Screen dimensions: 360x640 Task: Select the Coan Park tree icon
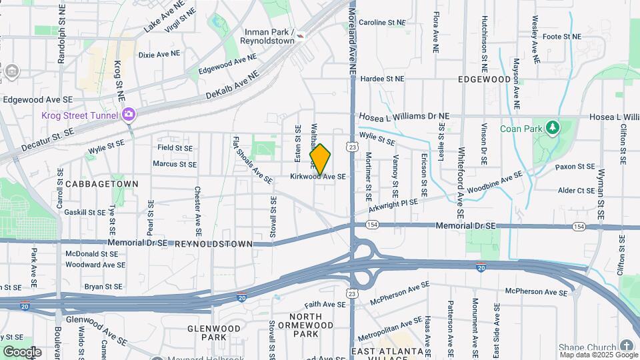pos(551,127)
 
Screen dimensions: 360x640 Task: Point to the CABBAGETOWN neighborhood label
pos(101,184)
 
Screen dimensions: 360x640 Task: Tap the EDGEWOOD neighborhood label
pos(484,79)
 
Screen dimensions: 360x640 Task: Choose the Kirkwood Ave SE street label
pos(318,177)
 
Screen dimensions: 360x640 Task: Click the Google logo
pos(21,351)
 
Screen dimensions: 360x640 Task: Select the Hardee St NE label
pos(382,79)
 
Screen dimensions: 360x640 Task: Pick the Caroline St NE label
pos(382,23)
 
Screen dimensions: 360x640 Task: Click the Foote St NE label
pos(561,37)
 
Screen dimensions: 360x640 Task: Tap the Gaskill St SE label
pos(85,212)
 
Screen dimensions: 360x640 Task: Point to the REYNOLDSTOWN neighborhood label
pos(214,245)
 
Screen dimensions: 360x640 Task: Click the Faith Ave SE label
pos(323,304)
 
